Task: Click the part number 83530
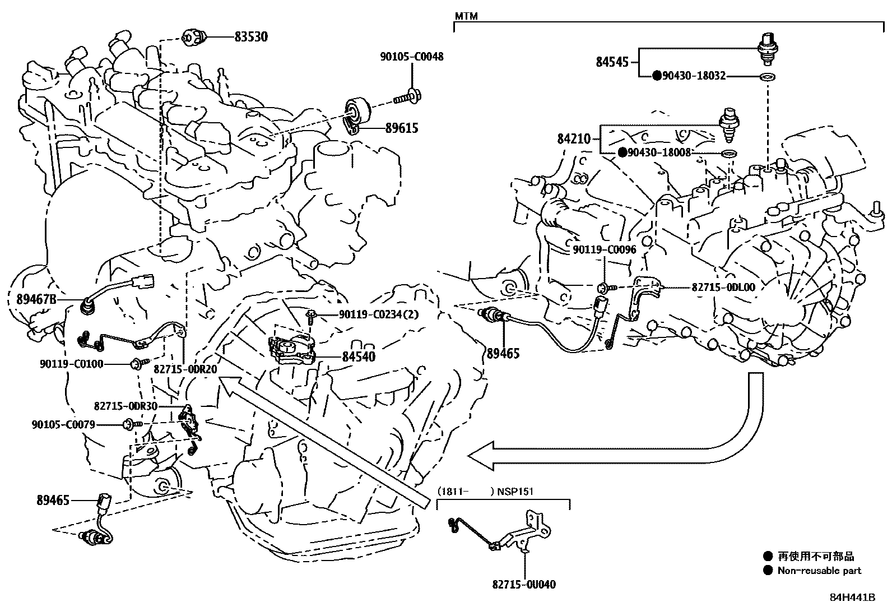(251, 36)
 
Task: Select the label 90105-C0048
(412, 57)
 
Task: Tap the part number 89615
(402, 128)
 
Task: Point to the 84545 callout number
(612, 62)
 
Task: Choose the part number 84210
(574, 139)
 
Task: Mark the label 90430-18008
(659, 152)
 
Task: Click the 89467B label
(36, 299)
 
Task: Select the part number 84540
(359, 356)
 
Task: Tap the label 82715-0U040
(524, 585)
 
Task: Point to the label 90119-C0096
(605, 250)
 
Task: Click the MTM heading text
(466, 16)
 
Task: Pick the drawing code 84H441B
(853, 598)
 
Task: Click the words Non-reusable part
(820, 571)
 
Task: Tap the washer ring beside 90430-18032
(767, 76)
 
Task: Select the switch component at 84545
(768, 49)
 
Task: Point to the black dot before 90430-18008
(622, 152)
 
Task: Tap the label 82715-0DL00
(723, 288)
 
